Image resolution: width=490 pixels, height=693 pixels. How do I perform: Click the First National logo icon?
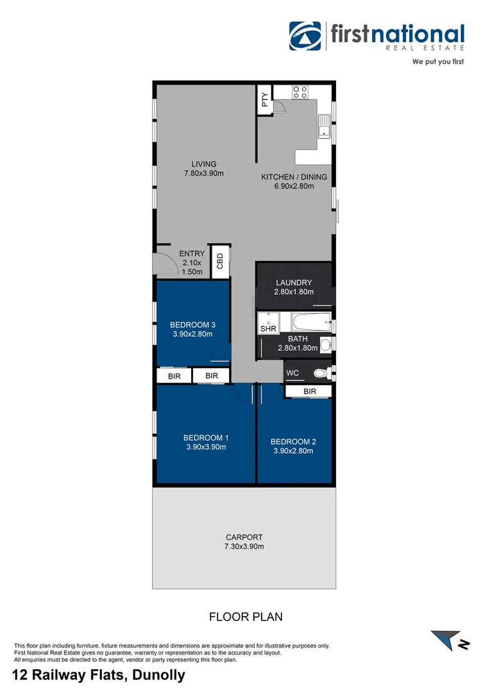[x=305, y=36]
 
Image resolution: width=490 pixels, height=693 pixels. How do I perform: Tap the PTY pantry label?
[x=264, y=99]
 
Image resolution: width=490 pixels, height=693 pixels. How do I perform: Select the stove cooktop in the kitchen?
[x=300, y=92]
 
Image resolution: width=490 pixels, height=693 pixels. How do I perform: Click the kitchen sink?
[x=325, y=131]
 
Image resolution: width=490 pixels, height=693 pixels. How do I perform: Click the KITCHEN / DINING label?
[x=294, y=177]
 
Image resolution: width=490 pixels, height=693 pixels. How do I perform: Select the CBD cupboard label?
[x=220, y=261]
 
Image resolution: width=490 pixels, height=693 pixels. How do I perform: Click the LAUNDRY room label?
[x=294, y=282]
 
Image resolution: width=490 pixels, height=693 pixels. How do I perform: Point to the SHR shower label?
[x=267, y=329]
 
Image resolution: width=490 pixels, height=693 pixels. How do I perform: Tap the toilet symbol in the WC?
[x=320, y=373]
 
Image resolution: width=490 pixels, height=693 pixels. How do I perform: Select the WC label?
[x=292, y=373]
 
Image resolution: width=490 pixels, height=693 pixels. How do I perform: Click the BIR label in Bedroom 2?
[x=309, y=391]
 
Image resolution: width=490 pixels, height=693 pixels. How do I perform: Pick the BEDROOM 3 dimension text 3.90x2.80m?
[x=192, y=334]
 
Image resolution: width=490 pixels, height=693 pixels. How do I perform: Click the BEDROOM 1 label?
[x=205, y=438]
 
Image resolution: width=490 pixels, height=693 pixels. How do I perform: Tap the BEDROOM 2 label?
[x=293, y=441]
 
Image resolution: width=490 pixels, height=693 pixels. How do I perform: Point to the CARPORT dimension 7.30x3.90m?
[x=244, y=547]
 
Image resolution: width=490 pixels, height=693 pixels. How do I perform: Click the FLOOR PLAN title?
[x=246, y=617]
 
